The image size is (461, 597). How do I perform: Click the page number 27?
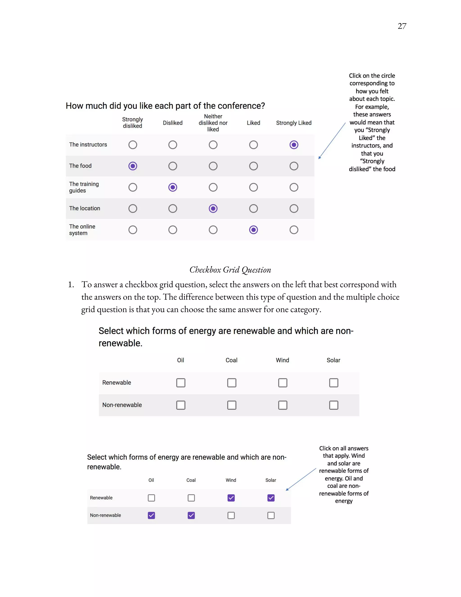point(402,26)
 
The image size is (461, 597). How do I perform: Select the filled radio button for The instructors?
point(294,145)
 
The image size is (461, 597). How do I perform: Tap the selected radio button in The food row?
point(133,166)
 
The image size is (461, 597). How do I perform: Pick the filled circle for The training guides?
point(173,187)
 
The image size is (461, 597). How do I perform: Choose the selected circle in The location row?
point(213,209)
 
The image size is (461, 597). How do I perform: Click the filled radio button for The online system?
point(253,230)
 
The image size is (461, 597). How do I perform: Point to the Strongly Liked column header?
point(294,123)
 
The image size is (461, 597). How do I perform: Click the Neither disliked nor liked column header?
point(213,123)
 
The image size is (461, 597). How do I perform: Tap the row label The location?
point(85,208)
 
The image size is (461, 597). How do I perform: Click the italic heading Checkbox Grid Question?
point(230,270)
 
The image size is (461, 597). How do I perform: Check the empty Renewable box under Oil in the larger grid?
point(181,383)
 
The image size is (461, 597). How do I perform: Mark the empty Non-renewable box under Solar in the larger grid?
point(333,405)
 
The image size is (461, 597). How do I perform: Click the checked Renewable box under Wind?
point(231,498)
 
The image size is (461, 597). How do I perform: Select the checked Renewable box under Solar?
point(271,498)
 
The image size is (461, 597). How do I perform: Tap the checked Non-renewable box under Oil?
point(151,515)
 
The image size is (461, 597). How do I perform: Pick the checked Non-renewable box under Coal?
point(191,515)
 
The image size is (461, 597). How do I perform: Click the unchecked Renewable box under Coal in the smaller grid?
point(191,498)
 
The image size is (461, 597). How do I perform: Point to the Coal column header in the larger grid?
point(231,360)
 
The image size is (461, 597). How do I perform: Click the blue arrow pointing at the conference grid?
point(332,141)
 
